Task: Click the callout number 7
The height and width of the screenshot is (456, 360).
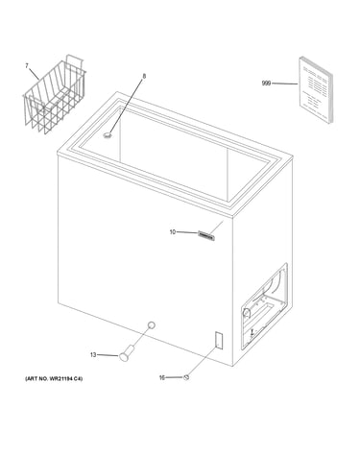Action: [x=27, y=66]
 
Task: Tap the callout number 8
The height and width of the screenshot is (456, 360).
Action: [x=144, y=76]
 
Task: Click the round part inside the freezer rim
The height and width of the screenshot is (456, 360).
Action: [x=108, y=135]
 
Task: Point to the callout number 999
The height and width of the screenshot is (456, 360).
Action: [x=266, y=84]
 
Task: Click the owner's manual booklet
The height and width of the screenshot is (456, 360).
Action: [x=316, y=90]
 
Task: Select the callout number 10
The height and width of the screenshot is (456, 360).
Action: [x=173, y=232]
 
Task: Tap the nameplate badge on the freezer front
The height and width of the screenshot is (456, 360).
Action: [x=206, y=235]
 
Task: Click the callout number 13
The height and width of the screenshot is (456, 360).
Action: [x=93, y=355]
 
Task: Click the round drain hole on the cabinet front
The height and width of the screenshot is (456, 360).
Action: [x=152, y=325]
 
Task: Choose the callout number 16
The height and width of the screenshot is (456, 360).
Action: [x=162, y=378]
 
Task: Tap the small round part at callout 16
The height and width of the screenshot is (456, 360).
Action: [x=186, y=377]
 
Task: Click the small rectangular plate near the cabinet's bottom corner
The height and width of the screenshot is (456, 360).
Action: [x=219, y=340]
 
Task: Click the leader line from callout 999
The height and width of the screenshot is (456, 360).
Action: [x=284, y=84]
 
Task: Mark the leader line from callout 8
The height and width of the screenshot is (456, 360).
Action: [x=126, y=107]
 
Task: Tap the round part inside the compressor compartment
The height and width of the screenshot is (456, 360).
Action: [x=247, y=313]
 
